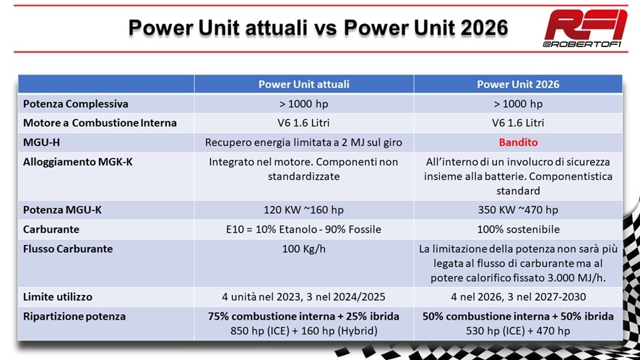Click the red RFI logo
coord(586,25)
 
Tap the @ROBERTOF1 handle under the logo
coord(582,44)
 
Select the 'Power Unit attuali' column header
coord(303,84)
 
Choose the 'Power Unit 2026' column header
coord(518,84)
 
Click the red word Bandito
coord(518,142)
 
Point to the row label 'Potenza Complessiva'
coord(76,104)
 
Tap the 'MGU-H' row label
coord(41,142)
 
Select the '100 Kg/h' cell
coord(303,249)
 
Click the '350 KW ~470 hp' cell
coord(518,210)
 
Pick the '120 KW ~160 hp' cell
coord(303,210)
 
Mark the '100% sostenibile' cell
coord(518,229)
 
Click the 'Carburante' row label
coord(51,229)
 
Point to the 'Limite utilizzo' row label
coord(58,296)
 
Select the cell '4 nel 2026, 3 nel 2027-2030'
coord(518,296)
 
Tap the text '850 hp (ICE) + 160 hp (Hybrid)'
coord(303,330)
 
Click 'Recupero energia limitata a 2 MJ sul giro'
coord(303,142)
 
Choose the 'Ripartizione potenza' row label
coord(74,317)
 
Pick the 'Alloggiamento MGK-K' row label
coord(77,162)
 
